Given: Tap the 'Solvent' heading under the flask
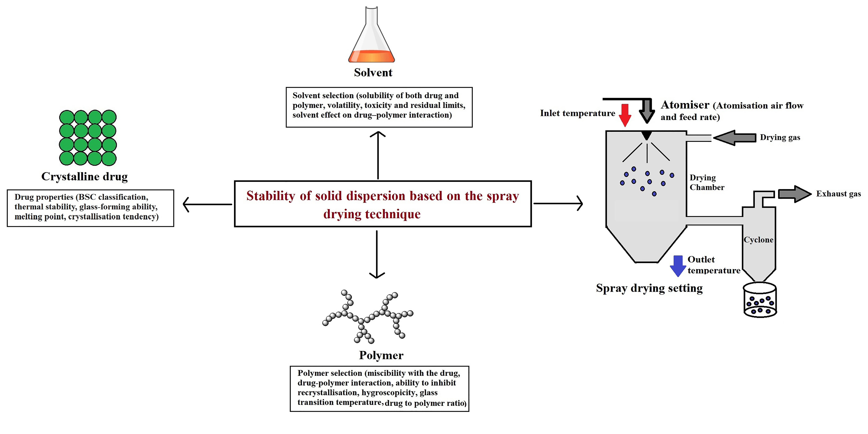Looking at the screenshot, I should pos(373,72).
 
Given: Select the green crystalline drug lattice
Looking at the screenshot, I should pos(88,137).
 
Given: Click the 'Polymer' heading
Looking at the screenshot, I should pos(381,355).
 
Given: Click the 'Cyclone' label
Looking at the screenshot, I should pos(758,240).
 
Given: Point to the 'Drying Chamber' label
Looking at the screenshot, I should pos(707,182).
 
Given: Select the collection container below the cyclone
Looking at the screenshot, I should pos(760,300).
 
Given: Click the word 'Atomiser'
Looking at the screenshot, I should pos(685,105).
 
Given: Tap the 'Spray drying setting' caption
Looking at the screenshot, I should pos(649,288).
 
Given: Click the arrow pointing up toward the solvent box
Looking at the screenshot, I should pos(378,155).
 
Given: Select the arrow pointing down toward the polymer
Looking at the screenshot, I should pos(377,254).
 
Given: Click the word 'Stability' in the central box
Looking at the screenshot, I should pos(271,196).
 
